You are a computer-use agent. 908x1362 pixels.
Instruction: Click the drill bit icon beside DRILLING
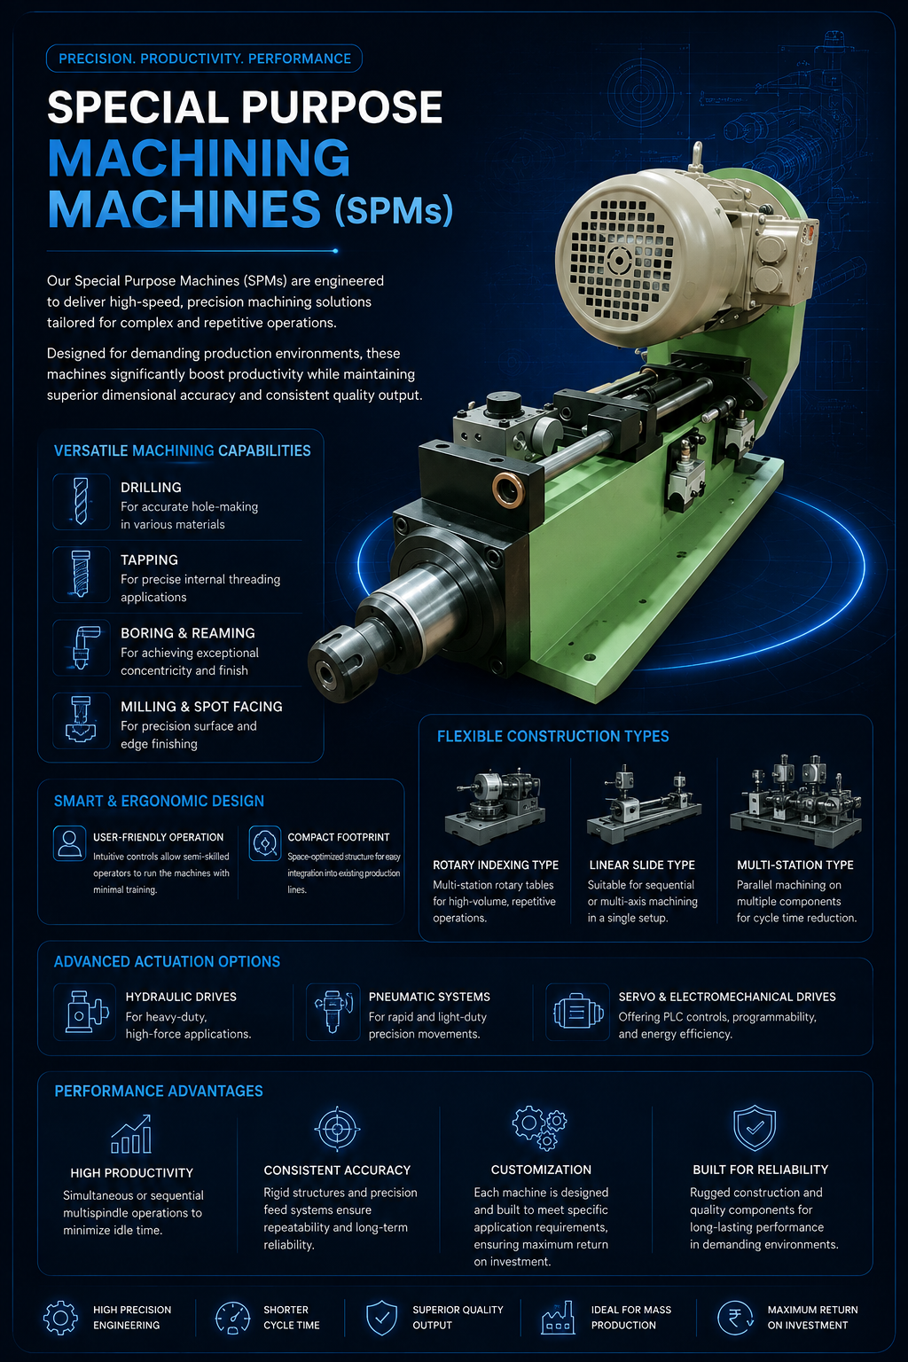pos(81,502)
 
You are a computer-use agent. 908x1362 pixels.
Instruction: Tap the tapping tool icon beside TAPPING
pos(81,574)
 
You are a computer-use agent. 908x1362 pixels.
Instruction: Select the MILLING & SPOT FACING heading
pos(201,707)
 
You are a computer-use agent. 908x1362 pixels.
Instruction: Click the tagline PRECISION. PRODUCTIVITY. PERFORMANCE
pos(204,59)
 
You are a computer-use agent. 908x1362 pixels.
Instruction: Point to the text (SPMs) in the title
pos(394,209)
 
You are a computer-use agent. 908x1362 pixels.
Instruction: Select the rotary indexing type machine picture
pos(495,806)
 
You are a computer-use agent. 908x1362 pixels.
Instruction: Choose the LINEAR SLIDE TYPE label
pos(642,865)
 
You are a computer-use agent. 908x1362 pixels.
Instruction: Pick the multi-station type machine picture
pos(795,802)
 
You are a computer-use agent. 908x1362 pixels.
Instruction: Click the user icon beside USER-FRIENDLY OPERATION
pos(69,843)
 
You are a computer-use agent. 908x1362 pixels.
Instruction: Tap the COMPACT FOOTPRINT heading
pos(338,837)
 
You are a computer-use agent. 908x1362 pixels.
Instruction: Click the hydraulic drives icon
pos(85,1012)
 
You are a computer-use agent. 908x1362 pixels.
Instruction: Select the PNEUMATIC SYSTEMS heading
pos(429,997)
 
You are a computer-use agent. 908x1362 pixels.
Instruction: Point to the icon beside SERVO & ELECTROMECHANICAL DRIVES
pos(578,1013)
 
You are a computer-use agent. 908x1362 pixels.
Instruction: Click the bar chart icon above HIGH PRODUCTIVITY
pos(130,1134)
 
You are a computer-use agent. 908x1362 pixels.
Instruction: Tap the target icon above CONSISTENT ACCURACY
pos(337,1129)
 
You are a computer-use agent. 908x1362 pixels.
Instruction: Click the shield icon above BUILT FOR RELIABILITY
pos(754,1128)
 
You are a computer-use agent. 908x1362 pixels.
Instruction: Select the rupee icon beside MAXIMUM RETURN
pos(735,1318)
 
